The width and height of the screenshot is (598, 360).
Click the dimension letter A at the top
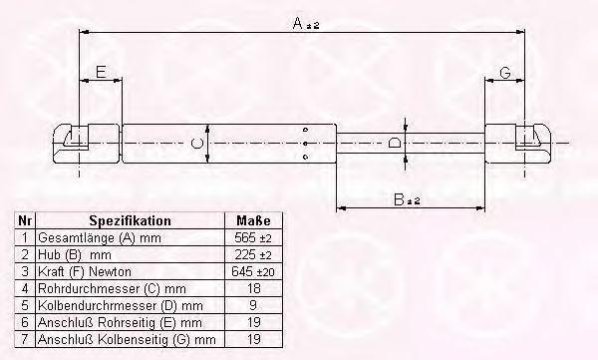pos(297,23)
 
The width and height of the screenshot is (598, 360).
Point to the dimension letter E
pos(101,72)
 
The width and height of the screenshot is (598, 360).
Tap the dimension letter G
pos(505,72)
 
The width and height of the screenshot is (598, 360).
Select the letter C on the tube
pos(196,144)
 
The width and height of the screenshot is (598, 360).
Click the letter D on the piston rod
pos(395,143)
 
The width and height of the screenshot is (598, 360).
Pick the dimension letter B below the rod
pos(399,198)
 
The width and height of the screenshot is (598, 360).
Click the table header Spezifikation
pos(130,220)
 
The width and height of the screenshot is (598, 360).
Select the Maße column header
pos(253,220)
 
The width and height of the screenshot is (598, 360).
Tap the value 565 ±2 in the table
pos(253,237)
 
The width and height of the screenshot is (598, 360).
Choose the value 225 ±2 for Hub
pos(253,254)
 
